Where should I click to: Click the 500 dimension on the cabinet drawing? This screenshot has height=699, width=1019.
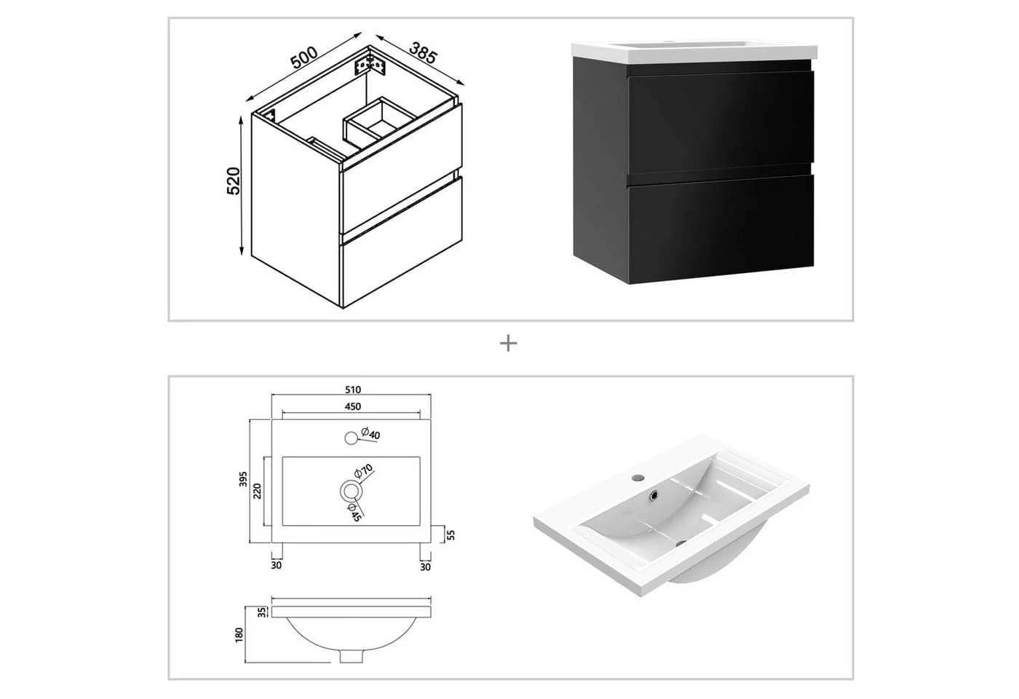click(x=304, y=58)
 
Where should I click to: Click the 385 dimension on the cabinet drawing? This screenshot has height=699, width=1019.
click(x=423, y=52)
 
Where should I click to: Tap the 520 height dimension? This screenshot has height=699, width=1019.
click(x=234, y=181)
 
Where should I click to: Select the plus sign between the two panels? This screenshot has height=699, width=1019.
click(x=508, y=344)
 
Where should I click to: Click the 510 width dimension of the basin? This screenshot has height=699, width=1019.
click(x=353, y=390)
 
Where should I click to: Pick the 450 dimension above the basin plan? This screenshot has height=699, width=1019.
click(x=353, y=406)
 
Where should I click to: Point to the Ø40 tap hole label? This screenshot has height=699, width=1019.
click(x=370, y=434)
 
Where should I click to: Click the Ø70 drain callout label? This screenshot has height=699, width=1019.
click(x=363, y=471)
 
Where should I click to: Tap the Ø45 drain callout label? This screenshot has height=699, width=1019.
click(x=354, y=513)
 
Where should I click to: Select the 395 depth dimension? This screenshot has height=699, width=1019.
click(x=243, y=479)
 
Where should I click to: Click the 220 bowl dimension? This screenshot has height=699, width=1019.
click(x=258, y=491)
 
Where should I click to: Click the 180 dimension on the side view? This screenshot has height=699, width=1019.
click(x=239, y=635)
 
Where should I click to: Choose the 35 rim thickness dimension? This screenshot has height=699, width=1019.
click(x=261, y=612)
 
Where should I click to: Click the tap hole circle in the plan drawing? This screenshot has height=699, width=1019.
click(x=351, y=438)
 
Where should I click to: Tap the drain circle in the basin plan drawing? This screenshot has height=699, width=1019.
click(x=350, y=491)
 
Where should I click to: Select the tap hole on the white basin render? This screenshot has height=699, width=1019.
click(x=639, y=478)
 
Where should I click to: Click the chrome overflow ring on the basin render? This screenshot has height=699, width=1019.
click(x=654, y=494)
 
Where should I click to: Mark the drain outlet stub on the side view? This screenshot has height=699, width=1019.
click(x=352, y=656)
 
